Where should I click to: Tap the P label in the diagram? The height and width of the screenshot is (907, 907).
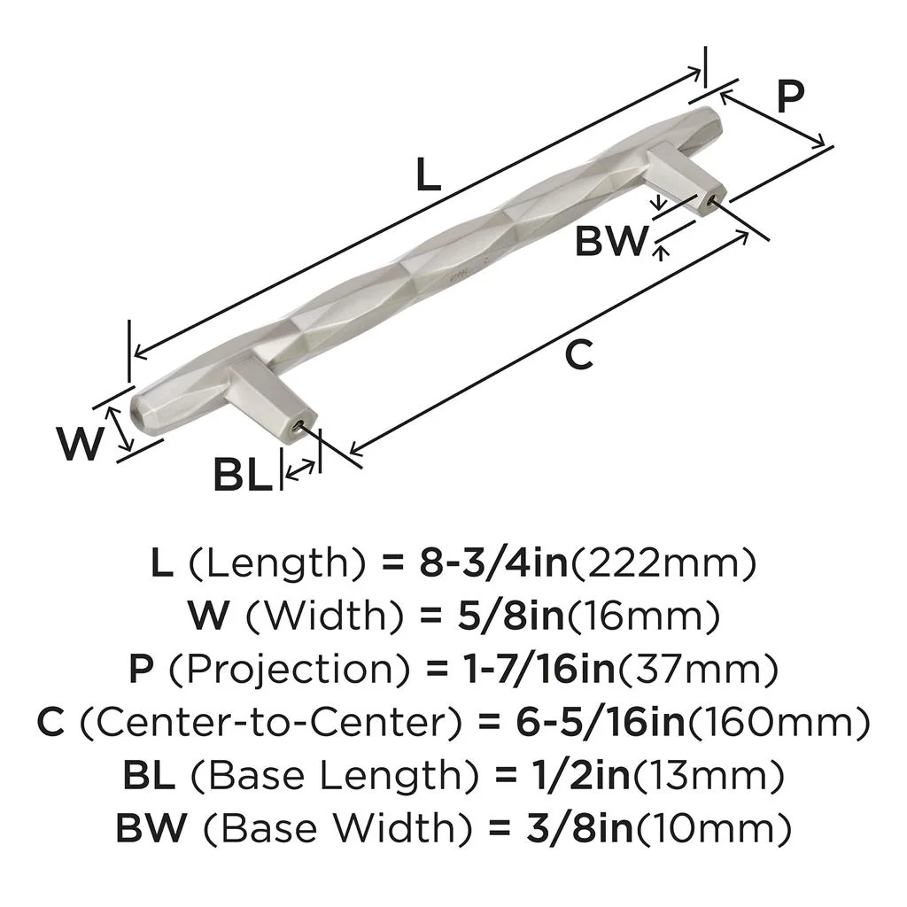(x=790, y=96)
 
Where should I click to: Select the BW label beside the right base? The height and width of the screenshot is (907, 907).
(x=611, y=241)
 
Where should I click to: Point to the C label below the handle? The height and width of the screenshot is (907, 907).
(x=578, y=354)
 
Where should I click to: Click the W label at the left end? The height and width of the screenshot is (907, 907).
(x=79, y=442)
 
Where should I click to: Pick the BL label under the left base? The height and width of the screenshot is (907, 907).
(x=241, y=477)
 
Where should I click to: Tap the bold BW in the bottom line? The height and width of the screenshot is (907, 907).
(x=151, y=830)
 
